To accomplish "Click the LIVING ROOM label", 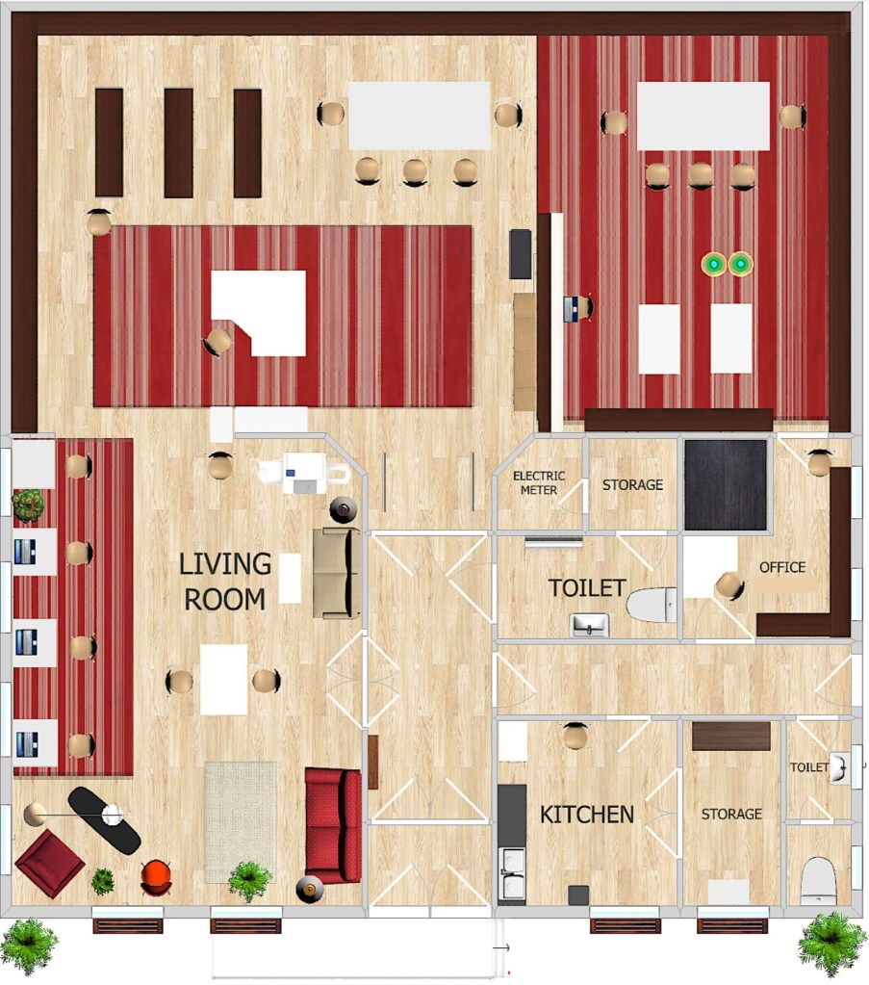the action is pyautogui.click(x=225, y=582).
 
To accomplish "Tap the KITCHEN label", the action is pyautogui.click(x=587, y=815).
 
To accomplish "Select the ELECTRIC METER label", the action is pyautogui.click(x=539, y=482).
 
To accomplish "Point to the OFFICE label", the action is pyautogui.click(x=782, y=567).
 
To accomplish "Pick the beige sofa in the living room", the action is pyautogui.click(x=337, y=573).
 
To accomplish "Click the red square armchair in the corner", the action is pyautogui.click(x=50, y=862).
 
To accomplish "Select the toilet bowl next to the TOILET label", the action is pyautogui.click(x=652, y=605).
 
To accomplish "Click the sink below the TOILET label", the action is pyautogui.click(x=590, y=625).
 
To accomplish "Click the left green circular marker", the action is pyautogui.click(x=714, y=265).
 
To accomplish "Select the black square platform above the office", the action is pyautogui.click(x=726, y=485).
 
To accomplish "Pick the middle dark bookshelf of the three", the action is pyautogui.click(x=178, y=143).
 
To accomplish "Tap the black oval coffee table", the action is pyautogui.click(x=104, y=820).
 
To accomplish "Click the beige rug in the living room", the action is pyautogui.click(x=241, y=822).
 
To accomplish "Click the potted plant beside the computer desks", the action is pyautogui.click(x=28, y=505).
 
